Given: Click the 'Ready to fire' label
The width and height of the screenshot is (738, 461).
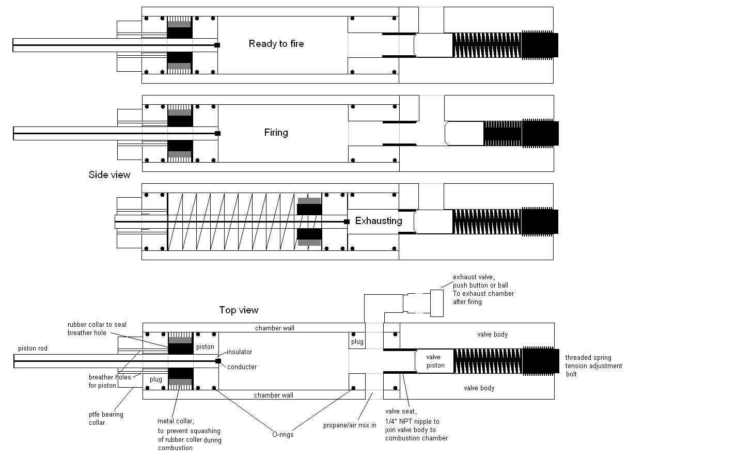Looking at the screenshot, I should (276, 44).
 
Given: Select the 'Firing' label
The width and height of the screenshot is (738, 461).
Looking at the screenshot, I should (276, 133).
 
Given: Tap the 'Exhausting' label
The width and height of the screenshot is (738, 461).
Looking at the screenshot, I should (378, 221).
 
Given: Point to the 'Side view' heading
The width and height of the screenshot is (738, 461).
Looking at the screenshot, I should (109, 175).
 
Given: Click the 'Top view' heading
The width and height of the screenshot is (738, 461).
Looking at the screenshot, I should (238, 310).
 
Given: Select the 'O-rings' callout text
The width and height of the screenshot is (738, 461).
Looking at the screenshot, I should (282, 435).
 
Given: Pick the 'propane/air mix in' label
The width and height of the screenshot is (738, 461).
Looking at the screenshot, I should (350, 426).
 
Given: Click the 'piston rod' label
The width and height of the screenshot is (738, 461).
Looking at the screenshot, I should (33, 348).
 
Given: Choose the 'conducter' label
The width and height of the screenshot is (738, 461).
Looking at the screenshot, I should (242, 367).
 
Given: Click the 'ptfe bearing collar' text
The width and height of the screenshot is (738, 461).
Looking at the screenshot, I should (105, 418).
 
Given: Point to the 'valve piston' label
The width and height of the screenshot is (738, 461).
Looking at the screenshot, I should (435, 361).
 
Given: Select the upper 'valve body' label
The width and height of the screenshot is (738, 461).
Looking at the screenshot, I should (492, 335).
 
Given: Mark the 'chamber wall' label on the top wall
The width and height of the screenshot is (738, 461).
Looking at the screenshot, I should (275, 328).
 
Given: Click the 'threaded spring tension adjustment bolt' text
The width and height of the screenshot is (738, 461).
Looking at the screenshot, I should (593, 365).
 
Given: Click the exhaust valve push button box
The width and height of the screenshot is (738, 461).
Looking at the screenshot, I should (436, 303).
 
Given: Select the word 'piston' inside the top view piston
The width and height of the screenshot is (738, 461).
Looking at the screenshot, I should (205, 347).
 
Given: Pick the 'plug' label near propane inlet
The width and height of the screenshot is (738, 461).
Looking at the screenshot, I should (357, 342).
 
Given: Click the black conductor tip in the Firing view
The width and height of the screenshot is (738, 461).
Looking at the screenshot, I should (217, 134).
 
